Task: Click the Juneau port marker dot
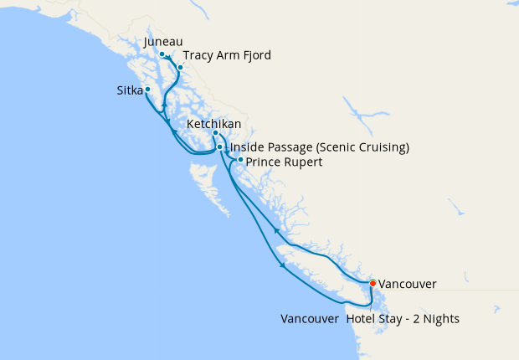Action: point(162,54)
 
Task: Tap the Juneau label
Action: point(163,41)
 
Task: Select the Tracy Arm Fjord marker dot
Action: point(179,67)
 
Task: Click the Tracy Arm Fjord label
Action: point(227,55)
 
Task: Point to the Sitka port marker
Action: point(147,89)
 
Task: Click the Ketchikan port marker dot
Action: point(215,133)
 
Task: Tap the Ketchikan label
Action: point(214,124)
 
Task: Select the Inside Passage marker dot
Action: point(220,147)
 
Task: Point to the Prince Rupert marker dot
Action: point(240,160)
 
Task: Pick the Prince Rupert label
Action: point(285,162)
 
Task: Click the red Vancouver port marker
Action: point(373,283)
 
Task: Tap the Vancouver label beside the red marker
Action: point(407,285)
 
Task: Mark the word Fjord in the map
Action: point(254,55)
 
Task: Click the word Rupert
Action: point(303,162)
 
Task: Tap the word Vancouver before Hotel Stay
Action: point(310,320)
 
